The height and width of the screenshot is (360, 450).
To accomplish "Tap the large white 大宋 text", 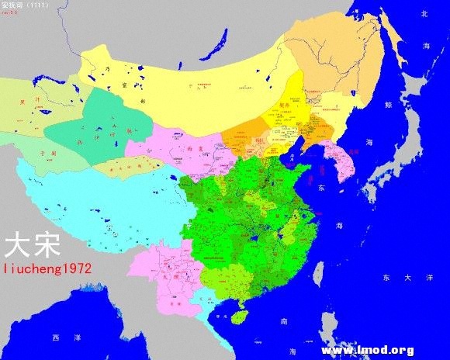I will point(30,246).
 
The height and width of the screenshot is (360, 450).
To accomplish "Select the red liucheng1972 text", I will point(48,268).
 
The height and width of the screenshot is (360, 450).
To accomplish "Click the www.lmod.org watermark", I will point(367,350).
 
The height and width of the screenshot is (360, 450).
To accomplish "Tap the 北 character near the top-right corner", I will point(424,14).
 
